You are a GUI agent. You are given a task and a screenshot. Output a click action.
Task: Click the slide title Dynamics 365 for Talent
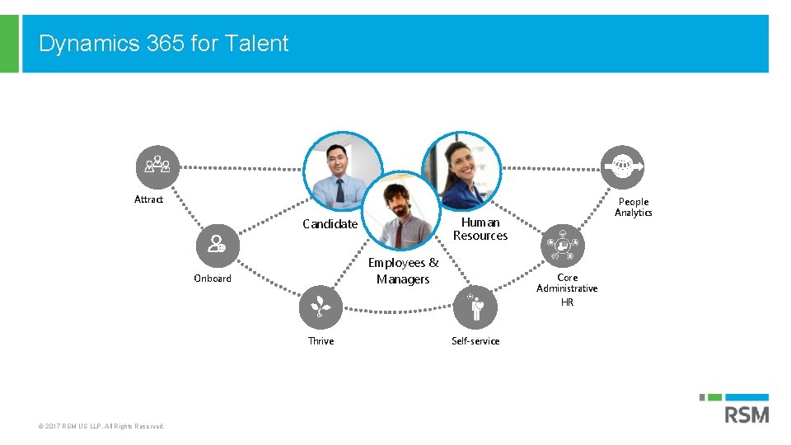(x=163, y=44)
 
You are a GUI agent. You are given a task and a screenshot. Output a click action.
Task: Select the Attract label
(x=149, y=199)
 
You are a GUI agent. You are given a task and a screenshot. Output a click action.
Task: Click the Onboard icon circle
(x=217, y=244)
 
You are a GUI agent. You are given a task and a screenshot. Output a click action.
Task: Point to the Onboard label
(x=213, y=279)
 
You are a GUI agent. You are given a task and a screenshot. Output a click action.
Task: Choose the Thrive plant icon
(x=319, y=307)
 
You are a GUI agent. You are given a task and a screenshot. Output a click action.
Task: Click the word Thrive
(x=321, y=341)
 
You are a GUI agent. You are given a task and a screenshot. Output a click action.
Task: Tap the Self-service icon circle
(x=476, y=308)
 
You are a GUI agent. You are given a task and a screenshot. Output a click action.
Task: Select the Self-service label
(x=475, y=341)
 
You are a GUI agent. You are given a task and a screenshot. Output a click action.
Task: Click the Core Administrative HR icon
(x=564, y=246)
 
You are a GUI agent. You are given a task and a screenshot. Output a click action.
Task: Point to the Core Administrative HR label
(x=567, y=289)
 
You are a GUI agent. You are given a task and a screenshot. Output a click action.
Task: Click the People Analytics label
(x=634, y=207)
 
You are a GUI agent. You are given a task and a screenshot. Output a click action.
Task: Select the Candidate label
(x=330, y=224)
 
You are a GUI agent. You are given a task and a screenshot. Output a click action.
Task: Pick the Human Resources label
(x=480, y=229)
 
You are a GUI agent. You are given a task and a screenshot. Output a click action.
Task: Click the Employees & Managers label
(x=403, y=271)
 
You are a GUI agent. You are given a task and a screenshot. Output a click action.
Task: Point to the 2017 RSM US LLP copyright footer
(x=101, y=426)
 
